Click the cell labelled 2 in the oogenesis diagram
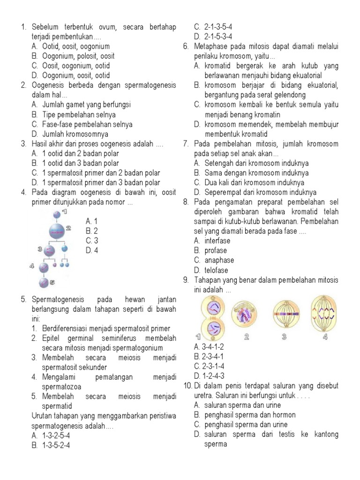coord(56,231)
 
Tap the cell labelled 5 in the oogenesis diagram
coord(44,283)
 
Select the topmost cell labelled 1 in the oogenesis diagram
coord(57,214)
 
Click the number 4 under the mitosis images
coord(325,337)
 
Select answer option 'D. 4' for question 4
coord(92,250)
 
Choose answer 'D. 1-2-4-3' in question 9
coord(209,376)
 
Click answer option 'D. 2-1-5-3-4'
coord(213,37)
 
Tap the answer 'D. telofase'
coord(210,270)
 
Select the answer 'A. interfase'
coord(212,240)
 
